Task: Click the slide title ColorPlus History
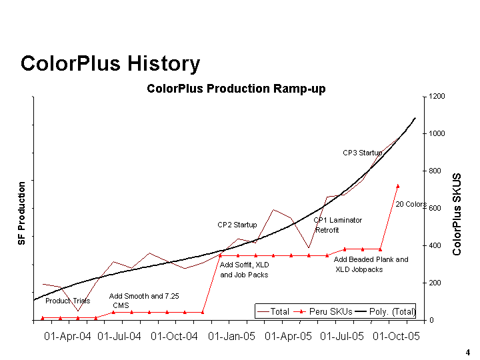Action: pyautogui.click(x=110, y=64)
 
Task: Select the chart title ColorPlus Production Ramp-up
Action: pyautogui.click(x=236, y=89)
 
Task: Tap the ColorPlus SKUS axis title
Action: pyautogui.click(x=457, y=215)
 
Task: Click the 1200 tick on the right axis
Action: pyautogui.click(x=437, y=97)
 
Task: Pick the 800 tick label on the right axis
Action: pyautogui.click(x=435, y=171)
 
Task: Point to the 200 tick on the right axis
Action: pyautogui.click(x=435, y=283)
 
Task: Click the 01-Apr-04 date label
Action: pyautogui.click(x=67, y=336)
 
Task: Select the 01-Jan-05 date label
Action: pyautogui.click(x=232, y=336)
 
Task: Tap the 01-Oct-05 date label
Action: pyautogui.click(x=396, y=336)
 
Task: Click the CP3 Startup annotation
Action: pyautogui.click(x=363, y=153)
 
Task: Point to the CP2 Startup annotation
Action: pyautogui.click(x=237, y=225)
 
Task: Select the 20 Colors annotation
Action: pyautogui.click(x=411, y=205)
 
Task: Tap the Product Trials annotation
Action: pyautogui.click(x=67, y=301)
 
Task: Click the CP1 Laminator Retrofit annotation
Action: pyautogui.click(x=337, y=225)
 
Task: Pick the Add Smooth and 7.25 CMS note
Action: pyautogui.click(x=143, y=301)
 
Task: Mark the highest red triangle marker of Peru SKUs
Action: pyautogui.click(x=398, y=186)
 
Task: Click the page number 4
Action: pyautogui.click(x=467, y=352)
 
